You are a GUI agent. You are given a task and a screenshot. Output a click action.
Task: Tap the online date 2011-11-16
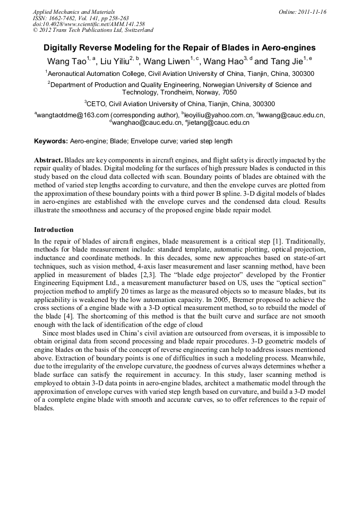pyautogui.click(x=311, y=11)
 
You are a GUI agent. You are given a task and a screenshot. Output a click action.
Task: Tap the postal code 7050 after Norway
pyautogui.click(x=229, y=92)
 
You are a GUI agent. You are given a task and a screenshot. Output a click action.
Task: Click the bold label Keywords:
pyautogui.click(x=51, y=142)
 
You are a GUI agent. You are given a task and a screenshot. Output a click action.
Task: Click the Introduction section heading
pyautogui.click(x=54, y=230)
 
